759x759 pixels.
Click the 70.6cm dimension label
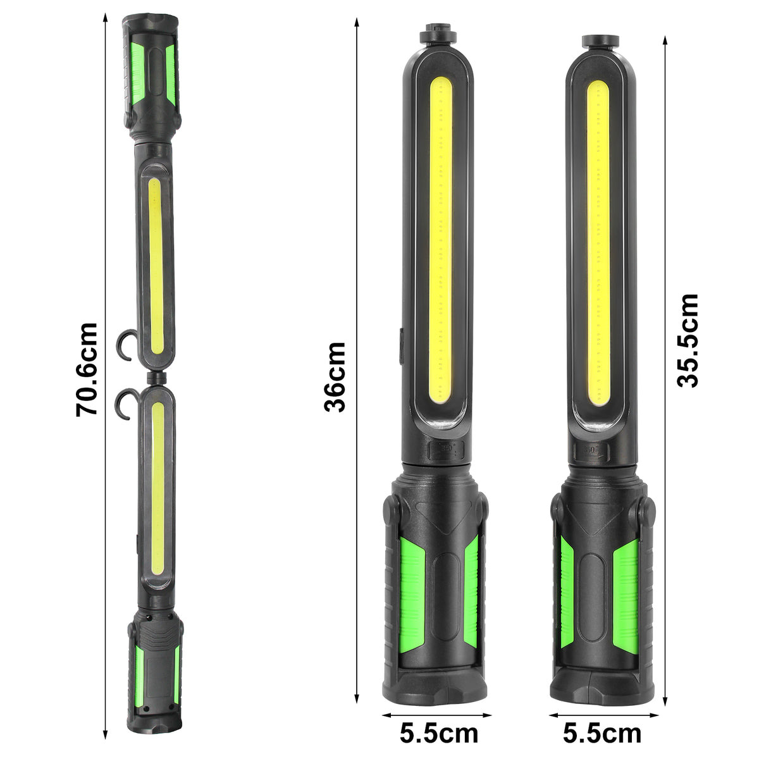tap(87, 369)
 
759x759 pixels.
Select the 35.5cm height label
tap(687, 340)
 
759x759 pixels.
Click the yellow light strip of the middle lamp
tap(441, 240)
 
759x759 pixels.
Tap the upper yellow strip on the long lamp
tap(156, 266)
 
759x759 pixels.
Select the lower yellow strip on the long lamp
tap(157, 487)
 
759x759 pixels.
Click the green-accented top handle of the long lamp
tap(152, 76)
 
